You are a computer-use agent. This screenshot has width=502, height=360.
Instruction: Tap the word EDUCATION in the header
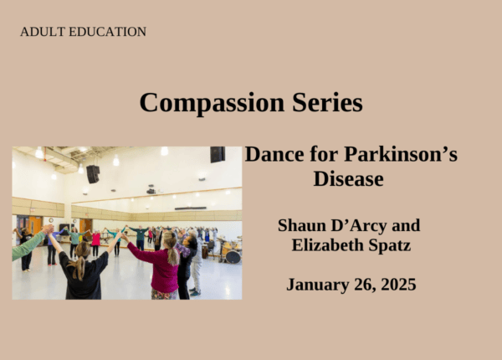pyautogui.click(x=108, y=32)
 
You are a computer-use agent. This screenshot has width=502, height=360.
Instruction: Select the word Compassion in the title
pyautogui.click(x=212, y=102)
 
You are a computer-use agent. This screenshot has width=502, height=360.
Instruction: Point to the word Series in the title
pyautogui.click(x=327, y=102)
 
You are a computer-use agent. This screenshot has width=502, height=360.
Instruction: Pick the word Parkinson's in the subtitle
pyautogui.click(x=401, y=154)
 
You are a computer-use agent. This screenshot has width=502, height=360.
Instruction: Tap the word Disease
pyautogui.click(x=348, y=178)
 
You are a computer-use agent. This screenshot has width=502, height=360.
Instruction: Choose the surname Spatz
pyautogui.click(x=390, y=245)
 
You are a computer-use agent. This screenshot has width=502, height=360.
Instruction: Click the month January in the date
pyautogui.click(x=318, y=285)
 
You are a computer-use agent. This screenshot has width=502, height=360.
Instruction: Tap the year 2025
pyautogui.click(x=398, y=285)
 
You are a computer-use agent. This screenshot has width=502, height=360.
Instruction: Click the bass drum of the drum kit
pyautogui.click(x=233, y=256)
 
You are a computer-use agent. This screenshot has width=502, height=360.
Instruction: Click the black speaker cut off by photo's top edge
pyautogui.click(x=218, y=154)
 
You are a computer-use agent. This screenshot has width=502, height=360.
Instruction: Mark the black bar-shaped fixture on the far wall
pyautogui.click(x=190, y=208)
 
